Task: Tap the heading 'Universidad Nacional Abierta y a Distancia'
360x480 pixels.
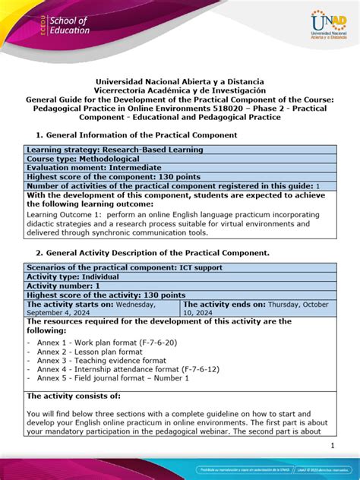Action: [180, 82]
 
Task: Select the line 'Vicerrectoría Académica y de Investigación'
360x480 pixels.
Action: [180, 90]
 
